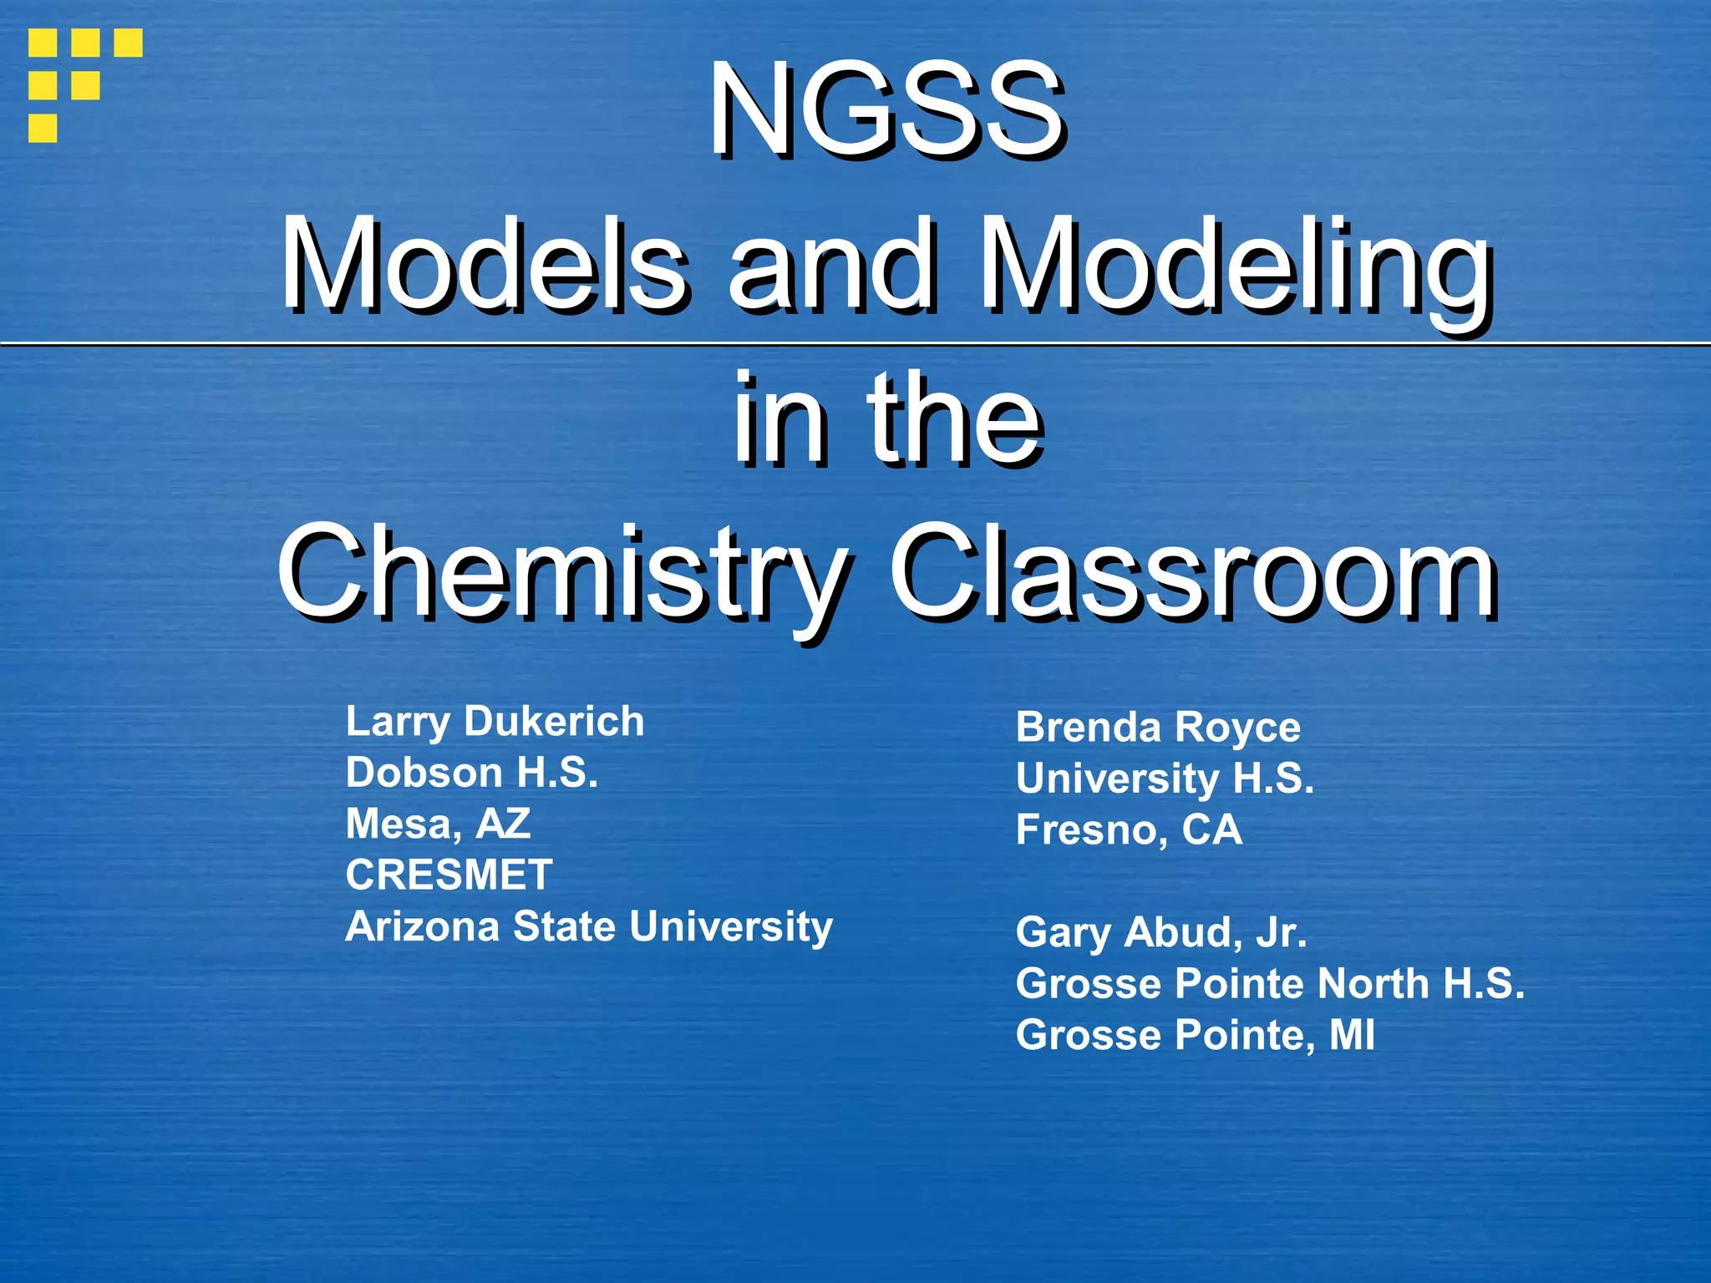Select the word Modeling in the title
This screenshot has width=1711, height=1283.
[x=1235, y=267]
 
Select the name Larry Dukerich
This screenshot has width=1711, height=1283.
[x=495, y=722]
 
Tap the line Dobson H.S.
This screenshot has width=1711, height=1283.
[x=472, y=773]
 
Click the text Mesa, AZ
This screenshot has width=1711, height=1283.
[x=438, y=824]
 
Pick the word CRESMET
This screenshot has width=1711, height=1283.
[x=449, y=875]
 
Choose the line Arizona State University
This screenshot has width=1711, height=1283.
[x=589, y=926]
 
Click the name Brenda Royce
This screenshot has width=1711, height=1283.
[x=1158, y=728]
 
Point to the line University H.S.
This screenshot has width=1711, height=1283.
[x=1165, y=778]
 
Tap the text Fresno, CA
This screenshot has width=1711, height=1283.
[x=1129, y=829]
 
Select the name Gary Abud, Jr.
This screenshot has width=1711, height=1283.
[x=1161, y=932]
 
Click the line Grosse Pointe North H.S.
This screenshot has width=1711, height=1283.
[x=1270, y=983]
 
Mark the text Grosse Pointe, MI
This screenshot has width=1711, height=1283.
[x=1195, y=1035]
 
